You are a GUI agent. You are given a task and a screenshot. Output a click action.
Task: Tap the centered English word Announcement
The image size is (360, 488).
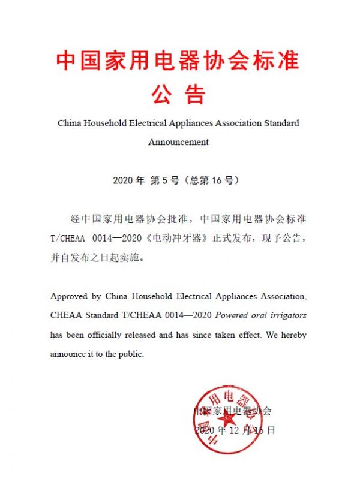(178, 142)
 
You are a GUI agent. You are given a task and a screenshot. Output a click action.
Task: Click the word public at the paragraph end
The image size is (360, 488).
(131, 354)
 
